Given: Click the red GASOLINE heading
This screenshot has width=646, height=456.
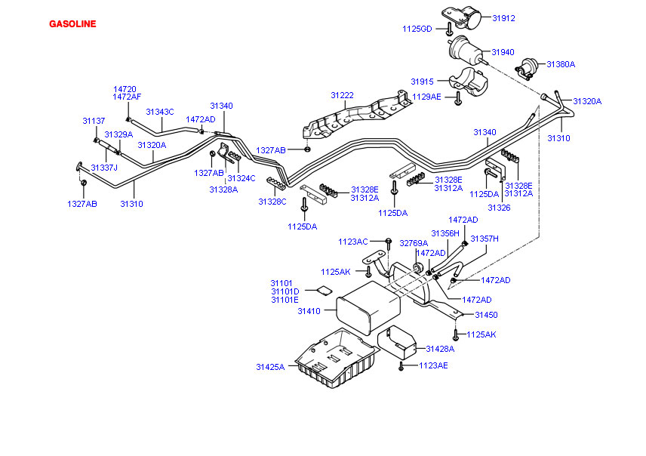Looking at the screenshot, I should [x=72, y=23].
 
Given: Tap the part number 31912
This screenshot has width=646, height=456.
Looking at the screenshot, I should [x=504, y=17].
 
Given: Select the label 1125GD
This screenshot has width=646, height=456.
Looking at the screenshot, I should [x=417, y=29].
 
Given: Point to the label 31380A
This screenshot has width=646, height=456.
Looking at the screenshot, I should [x=561, y=64].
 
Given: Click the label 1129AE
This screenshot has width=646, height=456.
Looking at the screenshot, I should [x=426, y=97].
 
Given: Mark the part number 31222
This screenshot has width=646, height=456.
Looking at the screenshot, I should [x=342, y=95].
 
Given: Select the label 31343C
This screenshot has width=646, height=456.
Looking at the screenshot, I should [x=160, y=112].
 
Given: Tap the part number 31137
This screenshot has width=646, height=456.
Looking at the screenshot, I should [x=94, y=120].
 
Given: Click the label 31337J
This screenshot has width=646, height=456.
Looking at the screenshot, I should [x=104, y=168].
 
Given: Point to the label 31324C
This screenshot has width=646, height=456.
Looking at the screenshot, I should [x=241, y=178].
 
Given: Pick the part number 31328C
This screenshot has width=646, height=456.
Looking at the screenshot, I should [x=272, y=202].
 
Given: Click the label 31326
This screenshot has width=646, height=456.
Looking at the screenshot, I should [x=498, y=207].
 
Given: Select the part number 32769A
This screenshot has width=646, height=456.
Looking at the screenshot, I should [x=414, y=243].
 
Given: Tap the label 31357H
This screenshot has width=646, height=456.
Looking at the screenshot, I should [x=484, y=239].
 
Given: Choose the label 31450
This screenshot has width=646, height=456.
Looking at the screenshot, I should [x=486, y=315].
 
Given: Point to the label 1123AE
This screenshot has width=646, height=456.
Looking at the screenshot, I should [x=433, y=365].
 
